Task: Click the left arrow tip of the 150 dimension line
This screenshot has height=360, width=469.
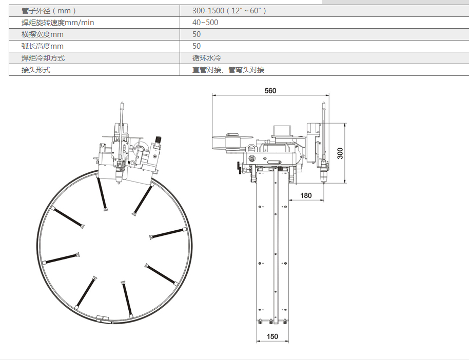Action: pyautogui.click(x=257, y=341)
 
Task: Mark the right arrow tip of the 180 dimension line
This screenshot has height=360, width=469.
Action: pyautogui.click(x=324, y=200)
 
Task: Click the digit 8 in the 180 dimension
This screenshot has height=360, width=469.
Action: pyautogui.click(x=306, y=195)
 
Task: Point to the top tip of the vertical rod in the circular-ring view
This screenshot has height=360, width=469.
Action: pyautogui.click(x=122, y=103)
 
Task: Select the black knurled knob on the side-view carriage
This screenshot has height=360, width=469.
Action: pyautogui.click(x=239, y=168)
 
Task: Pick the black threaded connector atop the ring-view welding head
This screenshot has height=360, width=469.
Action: pyautogui.click(x=158, y=139)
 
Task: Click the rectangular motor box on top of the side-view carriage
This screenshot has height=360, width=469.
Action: pyautogui.click(x=283, y=131)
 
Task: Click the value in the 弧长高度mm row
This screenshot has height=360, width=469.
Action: pyautogui.click(x=197, y=46)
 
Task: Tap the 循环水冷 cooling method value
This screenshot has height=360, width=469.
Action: pyautogui.click(x=207, y=58)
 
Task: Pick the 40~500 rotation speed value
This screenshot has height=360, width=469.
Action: pyautogui.click(x=205, y=23)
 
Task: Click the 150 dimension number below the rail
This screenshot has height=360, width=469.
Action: pyautogui.click(x=272, y=337)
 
